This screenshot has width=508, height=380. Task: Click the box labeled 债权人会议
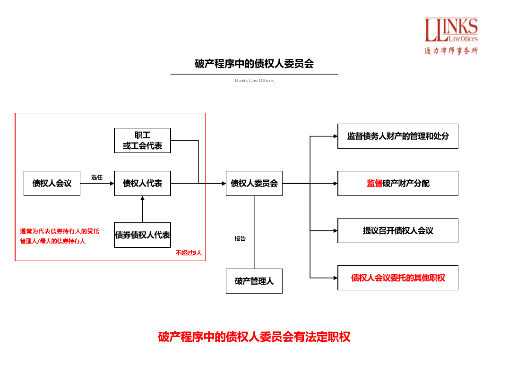coord(52,183)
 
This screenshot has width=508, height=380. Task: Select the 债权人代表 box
coord(142,183)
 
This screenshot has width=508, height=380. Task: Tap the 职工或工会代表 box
coord(142,141)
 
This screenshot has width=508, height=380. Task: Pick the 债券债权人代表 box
coord(142,235)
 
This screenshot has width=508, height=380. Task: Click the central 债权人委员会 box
coord(254,183)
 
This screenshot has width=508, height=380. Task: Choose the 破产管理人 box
coord(254,281)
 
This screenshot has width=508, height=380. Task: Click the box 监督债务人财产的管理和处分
coord(398,136)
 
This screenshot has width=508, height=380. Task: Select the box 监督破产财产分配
coord(398,183)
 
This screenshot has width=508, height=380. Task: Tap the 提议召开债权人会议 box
coord(398,230)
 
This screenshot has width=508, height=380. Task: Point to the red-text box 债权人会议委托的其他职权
coord(398,278)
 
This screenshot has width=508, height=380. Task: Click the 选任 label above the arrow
coord(97,177)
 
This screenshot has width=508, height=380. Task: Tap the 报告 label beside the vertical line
coord(240,239)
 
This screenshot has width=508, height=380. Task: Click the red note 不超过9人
coord(189,253)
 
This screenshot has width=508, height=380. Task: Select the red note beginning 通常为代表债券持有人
coord(60,236)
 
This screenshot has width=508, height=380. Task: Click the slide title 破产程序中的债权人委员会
coord(254,64)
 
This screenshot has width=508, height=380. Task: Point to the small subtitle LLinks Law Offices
coord(254,81)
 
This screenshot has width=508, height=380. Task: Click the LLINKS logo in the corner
coord(451,36)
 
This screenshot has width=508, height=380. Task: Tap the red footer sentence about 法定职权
coord(254,337)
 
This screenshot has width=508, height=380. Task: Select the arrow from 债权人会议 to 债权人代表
coord(97,184)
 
